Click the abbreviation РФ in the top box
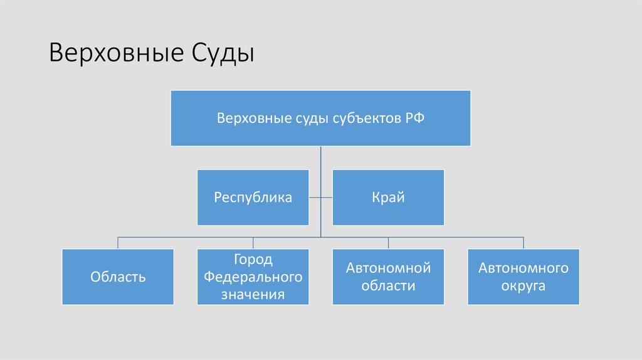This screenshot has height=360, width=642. [x=414, y=118]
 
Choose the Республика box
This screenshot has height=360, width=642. [x=253, y=198]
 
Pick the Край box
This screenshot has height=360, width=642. [x=388, y=198]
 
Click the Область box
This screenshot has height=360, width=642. [x=118, y=277]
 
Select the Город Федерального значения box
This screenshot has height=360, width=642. [x=253, y=277]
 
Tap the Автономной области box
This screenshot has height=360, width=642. [x=388, y=277]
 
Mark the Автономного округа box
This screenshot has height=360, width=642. [x=524, y=277]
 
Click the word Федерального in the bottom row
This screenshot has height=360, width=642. [x=253, y=277]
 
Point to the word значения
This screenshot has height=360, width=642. [x=253, y=294]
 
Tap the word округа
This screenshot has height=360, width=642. [x=523, y=286]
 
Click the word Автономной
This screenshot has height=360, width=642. [x=388, y=268]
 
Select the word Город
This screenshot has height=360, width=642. [x=253, y=260]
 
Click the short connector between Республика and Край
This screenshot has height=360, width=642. [x=320, y=198]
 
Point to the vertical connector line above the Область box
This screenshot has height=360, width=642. [x=118, y=243]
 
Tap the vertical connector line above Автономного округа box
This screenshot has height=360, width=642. [x=524, y=243]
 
